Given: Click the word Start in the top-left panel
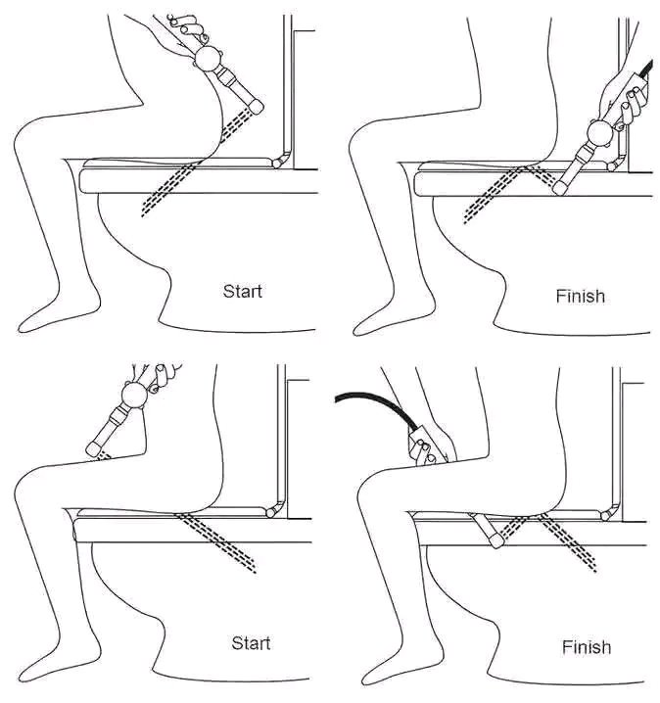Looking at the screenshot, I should [243, 291].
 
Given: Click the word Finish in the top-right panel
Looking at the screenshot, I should [580, 295].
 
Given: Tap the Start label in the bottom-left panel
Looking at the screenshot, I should [251, 643].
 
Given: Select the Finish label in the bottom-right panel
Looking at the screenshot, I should [587, 647].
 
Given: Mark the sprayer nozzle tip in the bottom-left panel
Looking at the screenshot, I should [95, 448].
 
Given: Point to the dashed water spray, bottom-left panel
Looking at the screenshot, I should [225, 544].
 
